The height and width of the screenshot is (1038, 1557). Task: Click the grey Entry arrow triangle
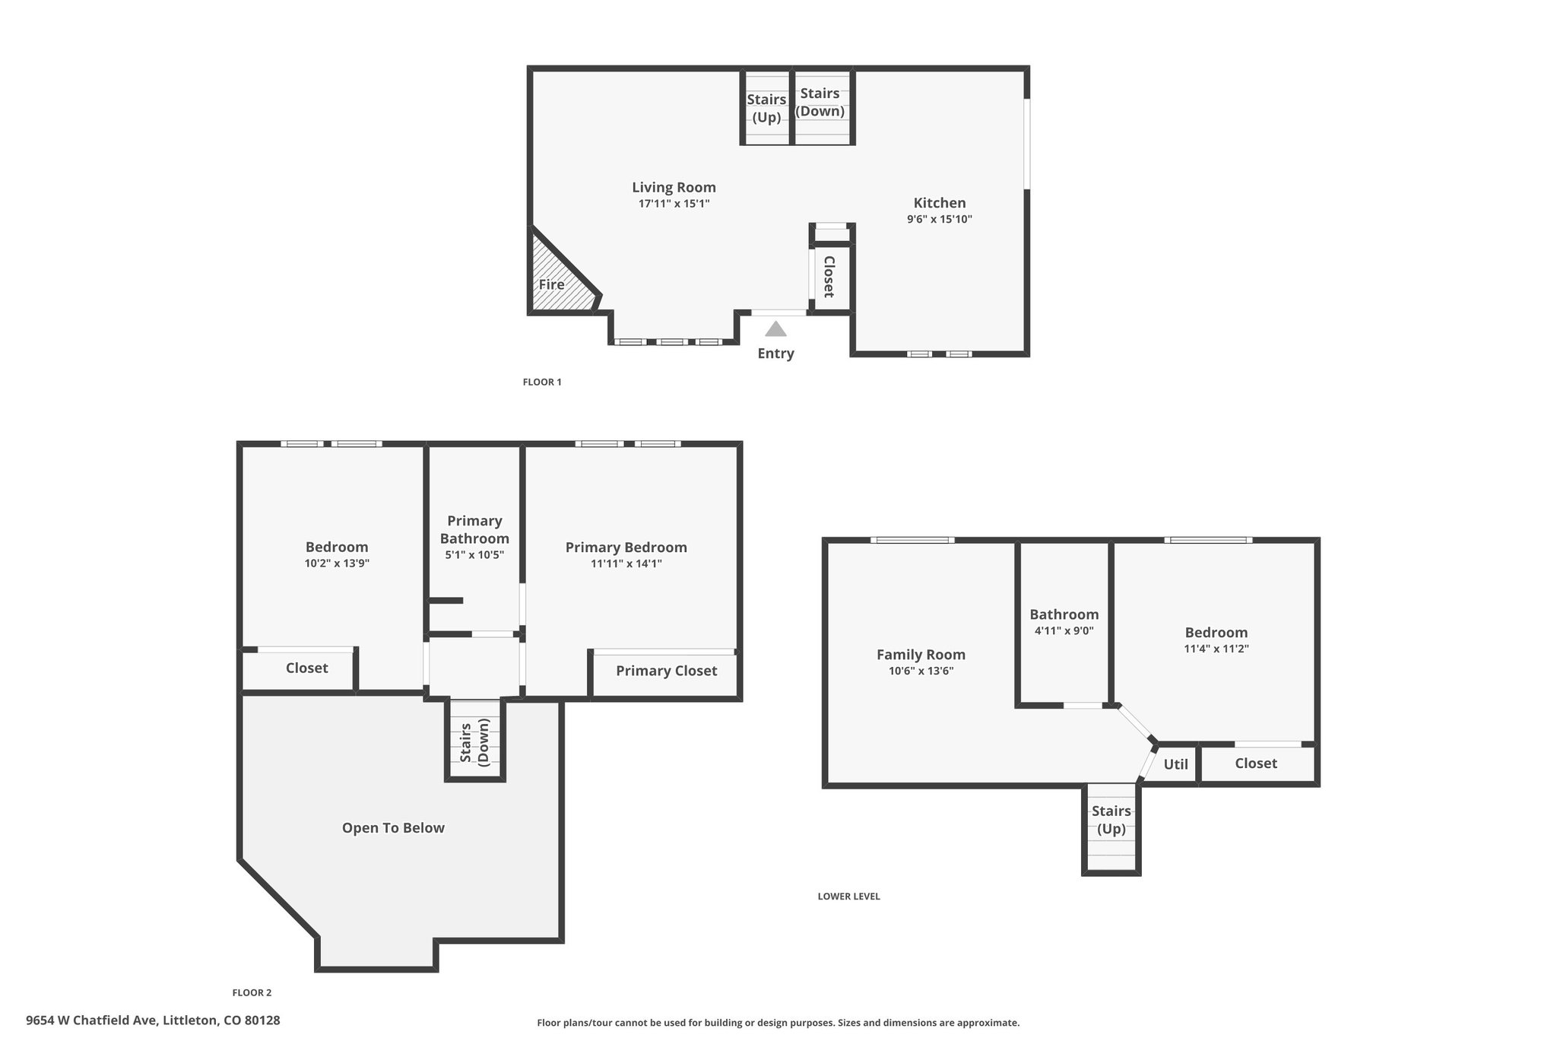[775, 329]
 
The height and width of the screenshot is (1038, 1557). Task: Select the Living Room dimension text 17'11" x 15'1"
[674, 204]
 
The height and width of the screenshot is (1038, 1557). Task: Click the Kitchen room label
[940, 203]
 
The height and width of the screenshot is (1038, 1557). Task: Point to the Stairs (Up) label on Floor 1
[766, 108]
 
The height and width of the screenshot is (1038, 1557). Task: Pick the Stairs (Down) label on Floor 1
[820, 102]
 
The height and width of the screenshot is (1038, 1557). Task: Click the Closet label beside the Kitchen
[829, 277]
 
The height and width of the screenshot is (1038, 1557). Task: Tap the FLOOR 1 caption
[542, 382]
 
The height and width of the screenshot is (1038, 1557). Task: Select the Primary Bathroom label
[474, 529]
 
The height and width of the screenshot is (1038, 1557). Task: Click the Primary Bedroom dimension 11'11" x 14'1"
[626, 563]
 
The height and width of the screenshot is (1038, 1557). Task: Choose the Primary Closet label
[666, 671]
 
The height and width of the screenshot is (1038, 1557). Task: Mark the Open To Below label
[393, 828]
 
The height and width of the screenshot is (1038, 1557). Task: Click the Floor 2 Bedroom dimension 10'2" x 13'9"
[337, 563]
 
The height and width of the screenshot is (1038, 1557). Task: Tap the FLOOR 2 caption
[252, 992]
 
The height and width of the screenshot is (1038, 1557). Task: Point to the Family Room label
[921, 655]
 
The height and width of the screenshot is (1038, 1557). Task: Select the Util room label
[1175, 764]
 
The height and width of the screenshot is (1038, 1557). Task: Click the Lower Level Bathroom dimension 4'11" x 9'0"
[1064, 630]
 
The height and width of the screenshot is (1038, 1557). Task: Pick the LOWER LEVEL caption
[848, 897]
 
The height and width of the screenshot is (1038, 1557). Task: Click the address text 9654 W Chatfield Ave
[91, 1021]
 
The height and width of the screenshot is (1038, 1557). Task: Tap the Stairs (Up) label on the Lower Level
[1111, 820]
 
